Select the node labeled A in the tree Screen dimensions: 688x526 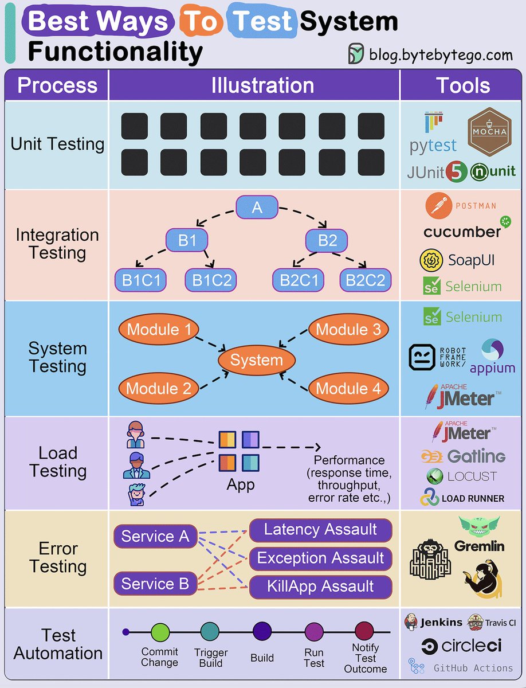[x=257, y=207]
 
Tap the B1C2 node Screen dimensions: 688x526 [x=211, y=280]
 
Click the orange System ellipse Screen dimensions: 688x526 [x=256, y=361]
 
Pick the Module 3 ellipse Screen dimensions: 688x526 [x=348, y=330]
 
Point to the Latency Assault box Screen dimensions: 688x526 [x=320, y=530]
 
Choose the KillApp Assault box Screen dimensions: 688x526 [x=320, y=587]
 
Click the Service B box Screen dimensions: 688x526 [x=155, y=584]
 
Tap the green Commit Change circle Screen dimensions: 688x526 [x=160, y=632]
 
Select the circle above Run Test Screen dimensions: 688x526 [x=314, y=632]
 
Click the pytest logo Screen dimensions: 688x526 [x=433, y=135]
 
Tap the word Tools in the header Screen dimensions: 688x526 [x=463, y=85]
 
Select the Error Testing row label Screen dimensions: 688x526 [x=58, y=557]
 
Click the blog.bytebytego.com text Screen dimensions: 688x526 [x=441, y=54]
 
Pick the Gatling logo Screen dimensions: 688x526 [x=463, y=456]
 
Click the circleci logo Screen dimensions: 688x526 [x=462, y=646]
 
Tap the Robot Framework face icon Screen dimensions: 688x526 [x=423, y=357]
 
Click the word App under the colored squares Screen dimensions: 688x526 [x=240, y=484]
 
